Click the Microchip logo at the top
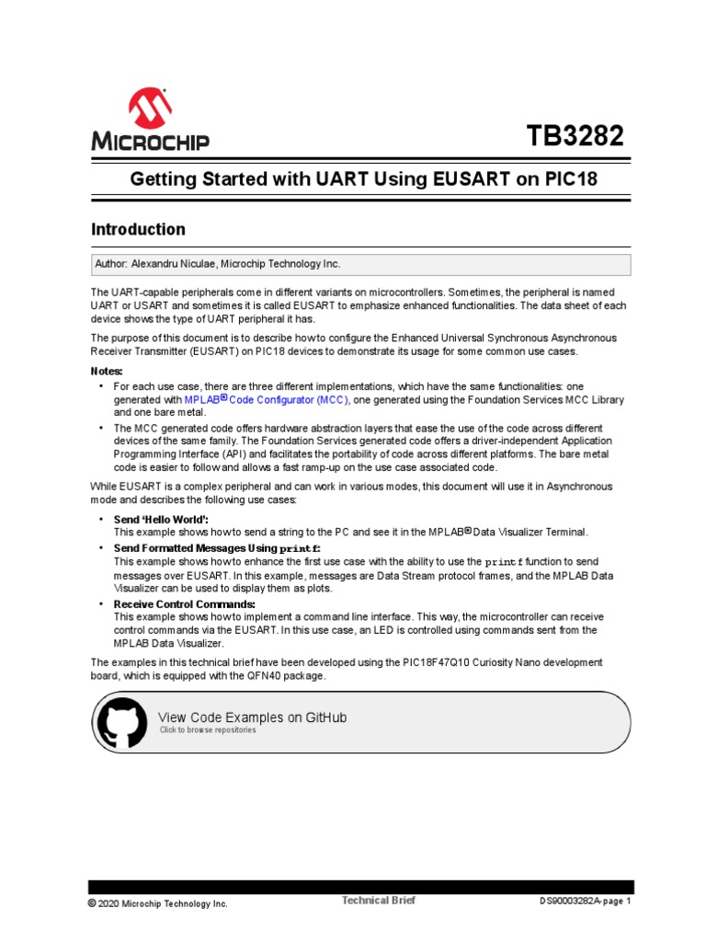(150, 120)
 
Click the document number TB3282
(575, 136)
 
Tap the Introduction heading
(138, 229)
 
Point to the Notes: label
(107, 371)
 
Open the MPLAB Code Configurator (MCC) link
(267, 400)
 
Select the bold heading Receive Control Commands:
(184, 603)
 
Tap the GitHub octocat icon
(121, 722)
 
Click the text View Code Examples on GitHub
(253, 717)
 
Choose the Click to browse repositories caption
(208, 730)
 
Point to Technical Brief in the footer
(378, 901)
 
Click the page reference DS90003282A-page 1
(586, 902)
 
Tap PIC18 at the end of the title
(569, 179)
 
